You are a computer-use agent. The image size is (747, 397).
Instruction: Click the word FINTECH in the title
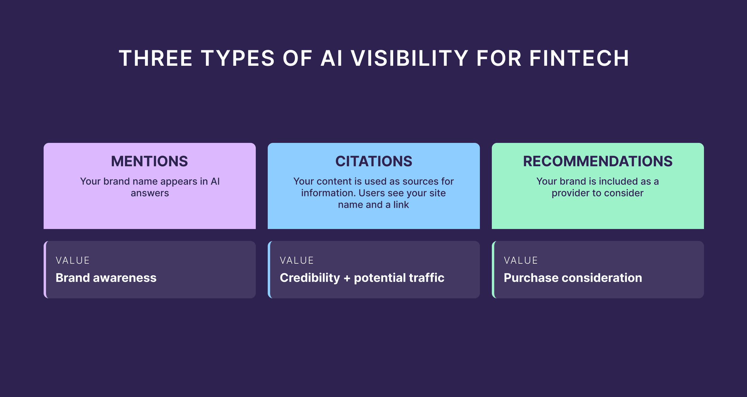point(579,58)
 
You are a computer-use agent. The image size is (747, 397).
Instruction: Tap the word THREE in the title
point(155,58)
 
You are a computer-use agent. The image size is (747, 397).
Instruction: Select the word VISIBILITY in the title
point(410,58)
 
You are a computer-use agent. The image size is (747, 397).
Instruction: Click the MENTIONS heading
point(149,161)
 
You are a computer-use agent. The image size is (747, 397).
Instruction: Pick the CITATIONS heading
point(373,161)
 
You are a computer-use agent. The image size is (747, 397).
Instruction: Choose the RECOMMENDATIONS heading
point(598,161)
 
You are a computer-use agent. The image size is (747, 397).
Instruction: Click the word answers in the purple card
point(150,193)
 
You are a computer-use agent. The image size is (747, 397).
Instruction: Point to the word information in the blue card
point(328,193)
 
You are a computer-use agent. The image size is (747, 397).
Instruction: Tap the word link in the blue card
point(401,205)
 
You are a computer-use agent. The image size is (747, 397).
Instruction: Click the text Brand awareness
point(106,278)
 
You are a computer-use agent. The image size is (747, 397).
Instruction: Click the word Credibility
point(310,278)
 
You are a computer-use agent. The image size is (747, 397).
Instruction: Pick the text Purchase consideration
point(573,278)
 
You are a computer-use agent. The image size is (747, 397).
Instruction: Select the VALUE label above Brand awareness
point(73,260)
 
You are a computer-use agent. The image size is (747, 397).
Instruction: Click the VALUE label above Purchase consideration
point(521,260)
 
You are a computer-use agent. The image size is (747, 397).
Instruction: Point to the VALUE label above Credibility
point(297,260)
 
